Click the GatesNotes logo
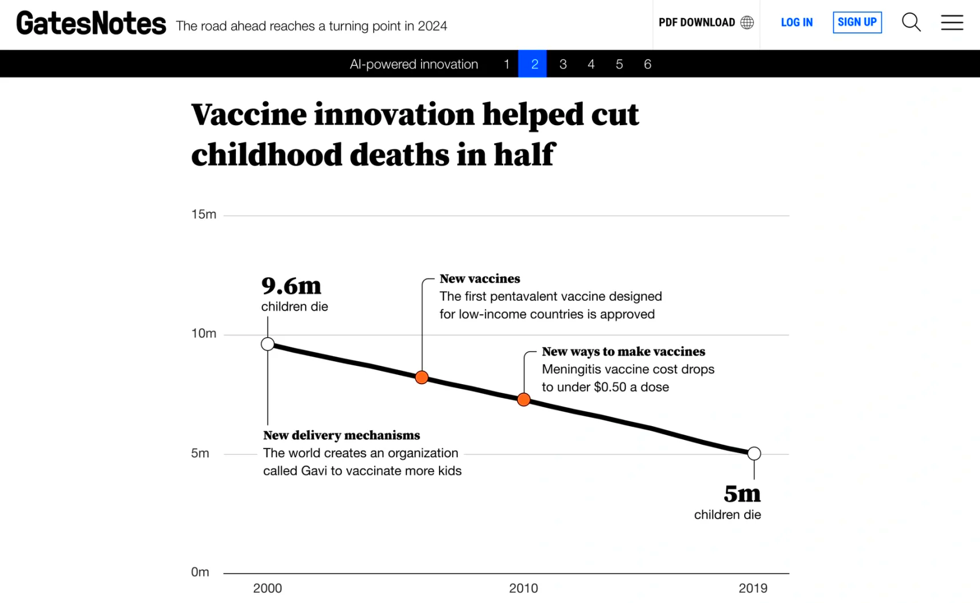[91, 24]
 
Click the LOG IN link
[796, 22]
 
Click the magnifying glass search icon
[911, 22]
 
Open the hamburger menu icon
[952, 22]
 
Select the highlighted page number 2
[534, 64]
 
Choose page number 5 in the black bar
[619, 64]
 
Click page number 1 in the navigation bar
[507, 64]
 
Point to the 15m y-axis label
[204, 215]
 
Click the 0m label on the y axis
[200, 572]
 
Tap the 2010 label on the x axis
[523, 588]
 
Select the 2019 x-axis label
[753, 588]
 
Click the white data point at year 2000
[268, 344]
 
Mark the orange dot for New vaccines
[422, 377]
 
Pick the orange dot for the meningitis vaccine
[524, 399]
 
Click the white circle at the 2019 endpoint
[754, 454]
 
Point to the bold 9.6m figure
[291, 286]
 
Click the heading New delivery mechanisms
[341, 435]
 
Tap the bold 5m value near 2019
[742, 494]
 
